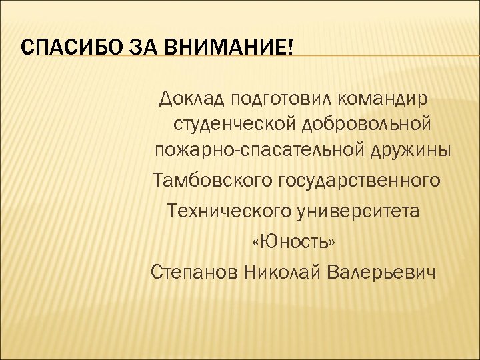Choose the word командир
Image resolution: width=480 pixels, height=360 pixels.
(x=384, y=100)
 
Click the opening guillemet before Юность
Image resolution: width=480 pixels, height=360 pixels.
(x=257, y=242)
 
